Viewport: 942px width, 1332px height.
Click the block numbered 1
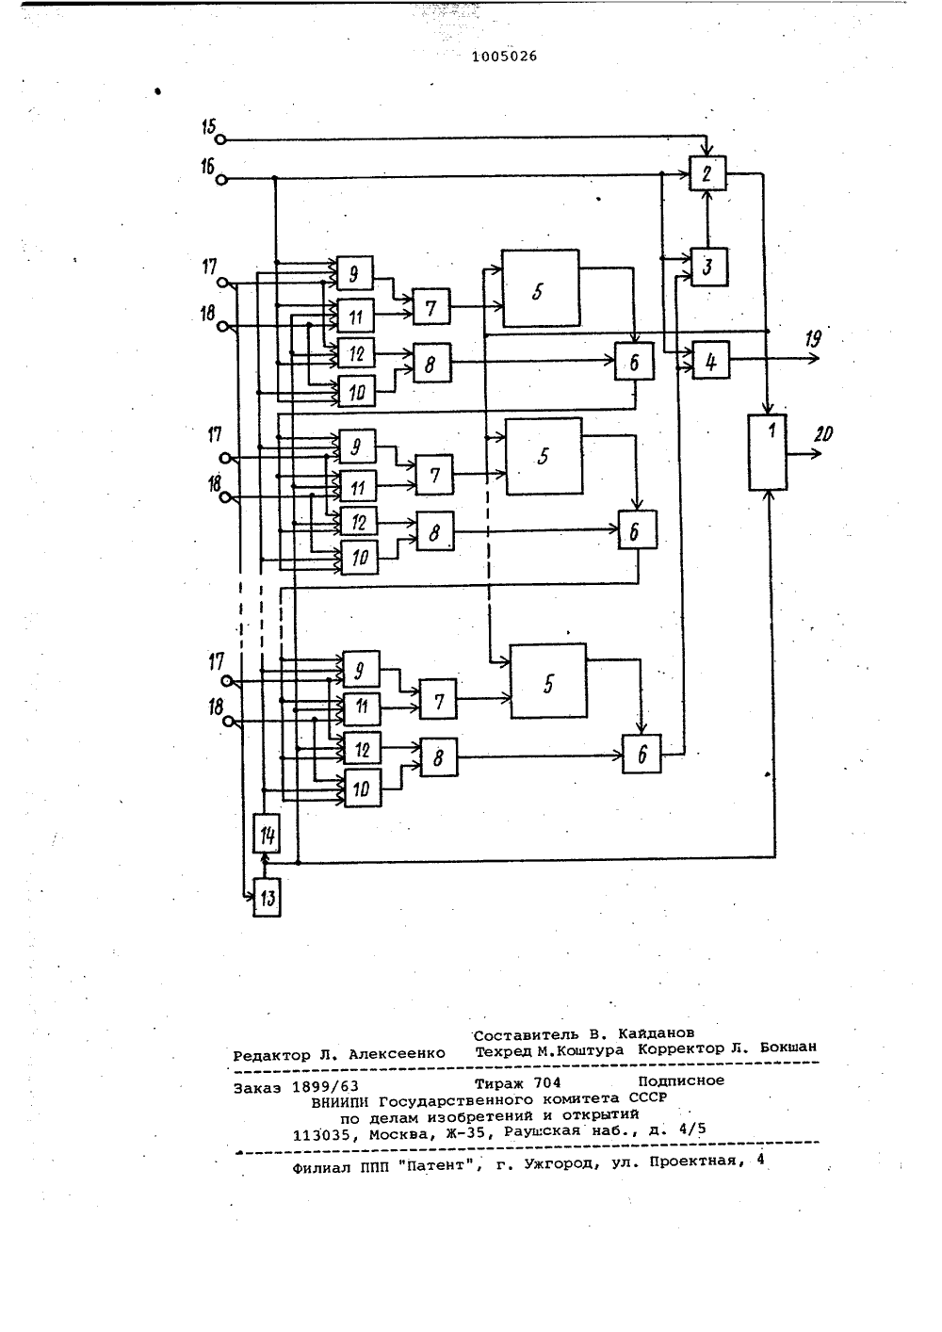point(767,452)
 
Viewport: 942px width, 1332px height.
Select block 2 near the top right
point(707,173)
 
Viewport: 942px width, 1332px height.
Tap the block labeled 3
point(709,267)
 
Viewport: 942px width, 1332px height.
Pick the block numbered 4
point(711,360)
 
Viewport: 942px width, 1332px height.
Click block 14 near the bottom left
point(267,834)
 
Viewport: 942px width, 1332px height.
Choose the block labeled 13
point(267,897)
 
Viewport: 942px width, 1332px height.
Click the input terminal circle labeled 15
point(220,139)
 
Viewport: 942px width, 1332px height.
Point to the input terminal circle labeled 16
point(221,179)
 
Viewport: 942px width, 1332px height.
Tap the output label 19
point(813,339)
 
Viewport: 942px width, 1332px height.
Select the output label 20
point(823,434)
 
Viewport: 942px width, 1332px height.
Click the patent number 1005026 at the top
point(504,57)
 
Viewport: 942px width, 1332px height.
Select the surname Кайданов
point(656,1000)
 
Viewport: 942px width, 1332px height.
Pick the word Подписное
point(681,1048)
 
